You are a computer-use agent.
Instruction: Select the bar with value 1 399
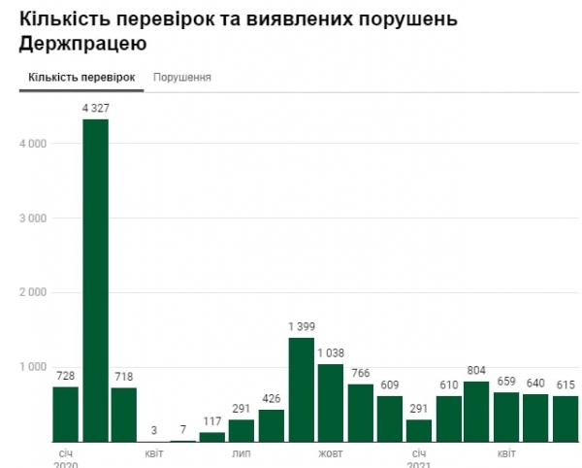tap(301, 389)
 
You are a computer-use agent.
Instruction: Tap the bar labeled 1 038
tap(331, 402)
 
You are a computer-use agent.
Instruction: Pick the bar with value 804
tap(477, 411)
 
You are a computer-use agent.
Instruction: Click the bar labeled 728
tap(65, 414)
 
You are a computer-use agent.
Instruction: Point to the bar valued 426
tap(272, 425)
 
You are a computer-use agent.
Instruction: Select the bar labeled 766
tap(360, 413)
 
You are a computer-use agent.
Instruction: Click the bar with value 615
tap(566, 418)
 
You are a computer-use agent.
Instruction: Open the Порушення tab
tap(182, 77)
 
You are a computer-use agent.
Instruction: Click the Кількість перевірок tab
tap(81, 77)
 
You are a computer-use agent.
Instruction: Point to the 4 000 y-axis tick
tap(33, 144)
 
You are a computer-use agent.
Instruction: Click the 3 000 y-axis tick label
tap(33, 218)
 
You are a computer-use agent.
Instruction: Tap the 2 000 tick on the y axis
tap(33, 292)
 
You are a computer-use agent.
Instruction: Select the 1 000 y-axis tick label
tap(33, 367)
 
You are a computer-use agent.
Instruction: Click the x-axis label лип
tap(242, 453)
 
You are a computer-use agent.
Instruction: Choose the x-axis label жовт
tap(330, 453)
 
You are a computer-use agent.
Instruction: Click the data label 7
tap(182, 430)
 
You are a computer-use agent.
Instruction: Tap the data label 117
tap(212, 421)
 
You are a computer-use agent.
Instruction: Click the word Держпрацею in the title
tap(82, 44)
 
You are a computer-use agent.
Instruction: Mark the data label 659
tap(506, 382)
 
